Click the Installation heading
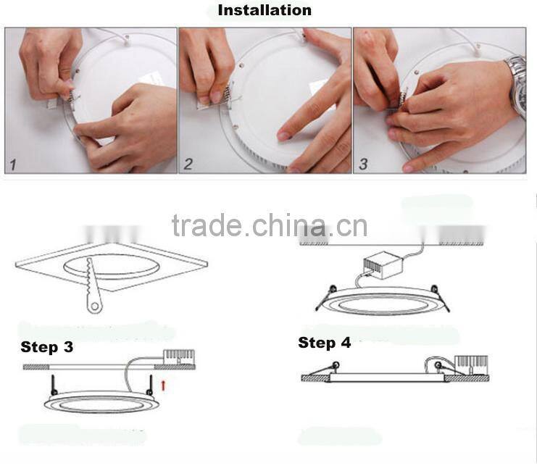point(265,10)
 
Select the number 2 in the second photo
point(188,164)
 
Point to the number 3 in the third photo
point(363,164)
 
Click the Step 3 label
point(46,347)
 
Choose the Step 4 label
point(324,343)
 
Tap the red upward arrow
point(163,384)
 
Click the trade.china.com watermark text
point(269,225)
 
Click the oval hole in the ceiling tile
point(112,264)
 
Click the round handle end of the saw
point(93,308)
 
